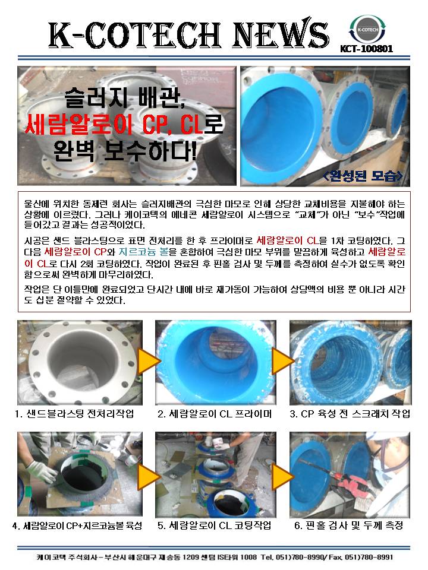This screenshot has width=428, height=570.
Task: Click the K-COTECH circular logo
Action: point(367,30)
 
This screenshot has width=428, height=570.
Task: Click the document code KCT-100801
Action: point(367,49)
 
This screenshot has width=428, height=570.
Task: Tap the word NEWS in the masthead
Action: point(281,34)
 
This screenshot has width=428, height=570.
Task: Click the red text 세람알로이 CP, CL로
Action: point(124,124)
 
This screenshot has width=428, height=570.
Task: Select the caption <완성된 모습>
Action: point(363,176)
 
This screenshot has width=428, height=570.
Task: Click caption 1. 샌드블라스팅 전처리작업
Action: point(75,414)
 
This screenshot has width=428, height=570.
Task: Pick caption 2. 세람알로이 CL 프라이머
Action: point(215,414)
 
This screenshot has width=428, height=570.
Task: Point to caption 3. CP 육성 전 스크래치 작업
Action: point(350,414)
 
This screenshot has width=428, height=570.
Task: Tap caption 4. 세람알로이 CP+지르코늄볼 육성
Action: point(77,525)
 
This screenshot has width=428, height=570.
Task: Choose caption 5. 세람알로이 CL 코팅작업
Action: point(215,525)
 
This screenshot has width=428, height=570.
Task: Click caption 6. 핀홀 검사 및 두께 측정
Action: point(349,525)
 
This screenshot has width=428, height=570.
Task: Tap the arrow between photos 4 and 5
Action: point(149,476)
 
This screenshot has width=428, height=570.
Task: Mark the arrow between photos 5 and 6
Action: point(283,476)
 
